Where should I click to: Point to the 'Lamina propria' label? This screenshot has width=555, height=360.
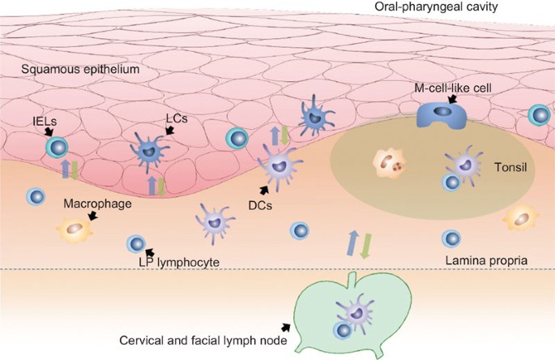486,260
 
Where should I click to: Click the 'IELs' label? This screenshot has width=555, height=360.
36,119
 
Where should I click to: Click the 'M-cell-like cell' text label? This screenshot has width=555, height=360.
450,85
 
